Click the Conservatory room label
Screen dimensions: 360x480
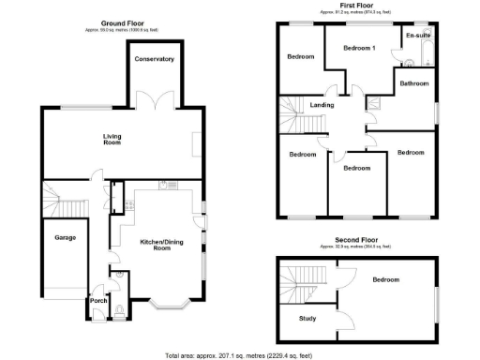pyautogui.click(x=155, y=59)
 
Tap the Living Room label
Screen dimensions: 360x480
pyautogui.click(x=112, y=141)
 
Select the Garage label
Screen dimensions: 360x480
pyautogui.click(x=64, y=237)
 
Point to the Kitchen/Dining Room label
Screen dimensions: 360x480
pyautogui.click(x=155, y=245)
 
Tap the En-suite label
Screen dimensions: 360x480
pyautogui.click(x=417, y=36)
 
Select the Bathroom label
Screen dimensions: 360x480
pyautogui.click(x=414, y=83)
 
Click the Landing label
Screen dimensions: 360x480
pyautogui.click(x=322, y=105)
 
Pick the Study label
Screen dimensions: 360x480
pyautogui.click(x=307, y=319)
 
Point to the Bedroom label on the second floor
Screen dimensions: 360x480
pyautogui.click(x=385, y=279)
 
